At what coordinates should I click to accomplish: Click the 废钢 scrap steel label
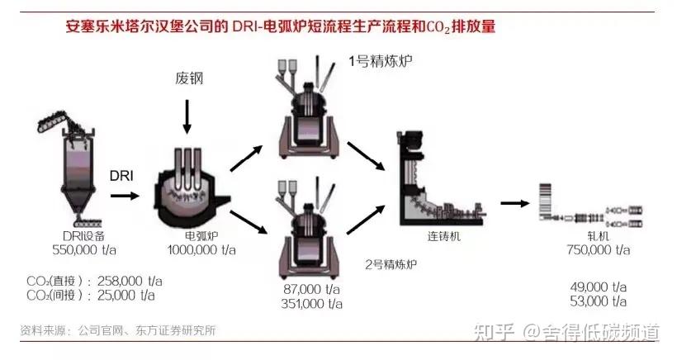coord(188,79)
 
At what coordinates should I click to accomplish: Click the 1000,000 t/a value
coord(201,249)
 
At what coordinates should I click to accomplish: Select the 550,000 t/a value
coord(68,249)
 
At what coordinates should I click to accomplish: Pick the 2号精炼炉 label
coord(391,265)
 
